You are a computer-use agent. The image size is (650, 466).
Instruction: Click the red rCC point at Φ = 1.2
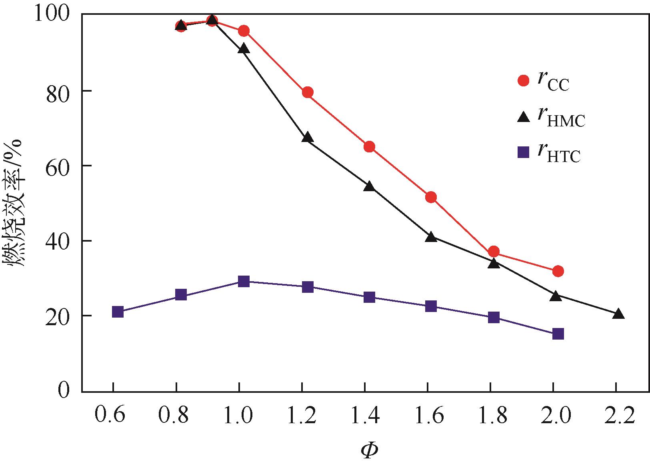point(308,92)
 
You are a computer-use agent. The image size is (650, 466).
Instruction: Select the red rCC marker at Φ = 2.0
point(558,271)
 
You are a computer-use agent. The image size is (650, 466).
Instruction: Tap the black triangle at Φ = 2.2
point(618,314)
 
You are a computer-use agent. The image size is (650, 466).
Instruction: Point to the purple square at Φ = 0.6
point(118,312)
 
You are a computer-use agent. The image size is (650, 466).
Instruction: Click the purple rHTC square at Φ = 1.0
point(244,281)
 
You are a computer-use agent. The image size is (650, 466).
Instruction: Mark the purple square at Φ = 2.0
point(558,334)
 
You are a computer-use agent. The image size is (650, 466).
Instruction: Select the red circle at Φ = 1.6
point(431,197)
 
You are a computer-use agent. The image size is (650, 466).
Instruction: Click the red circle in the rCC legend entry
point(523,80)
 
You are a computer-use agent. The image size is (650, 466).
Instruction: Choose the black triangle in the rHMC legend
point(523,116)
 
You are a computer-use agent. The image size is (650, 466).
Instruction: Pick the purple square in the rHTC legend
point(523,152)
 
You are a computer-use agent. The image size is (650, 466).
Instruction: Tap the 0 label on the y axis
point(64,390)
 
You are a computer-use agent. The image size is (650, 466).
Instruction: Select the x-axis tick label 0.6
point(110,416)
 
